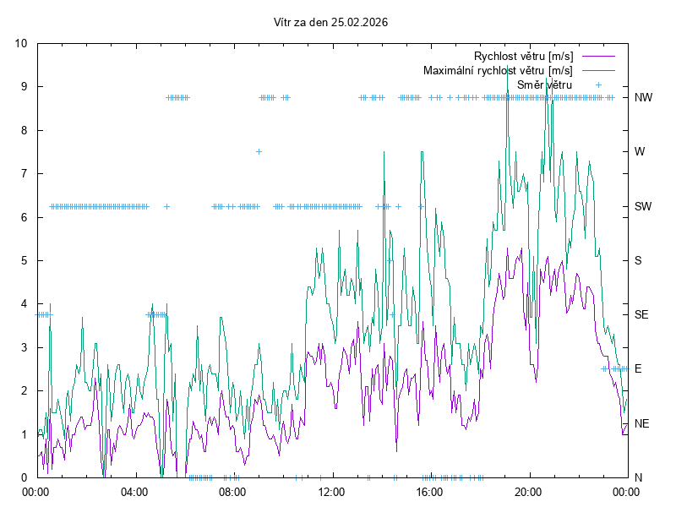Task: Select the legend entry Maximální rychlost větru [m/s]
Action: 498,70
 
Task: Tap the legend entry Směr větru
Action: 544,84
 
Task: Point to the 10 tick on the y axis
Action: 21,44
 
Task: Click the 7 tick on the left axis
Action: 25,174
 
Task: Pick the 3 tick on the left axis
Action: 25,347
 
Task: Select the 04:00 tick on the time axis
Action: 134,491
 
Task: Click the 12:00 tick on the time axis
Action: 331,491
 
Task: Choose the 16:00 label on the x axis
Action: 430,491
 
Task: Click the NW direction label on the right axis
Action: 643,97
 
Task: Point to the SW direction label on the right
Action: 643,206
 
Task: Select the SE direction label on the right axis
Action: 641,314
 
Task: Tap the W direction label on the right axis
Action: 640,152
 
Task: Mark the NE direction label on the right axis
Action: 642,423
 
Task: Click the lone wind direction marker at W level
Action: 259,151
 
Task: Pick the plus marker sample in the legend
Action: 598,84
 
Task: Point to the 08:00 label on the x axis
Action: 232,491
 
